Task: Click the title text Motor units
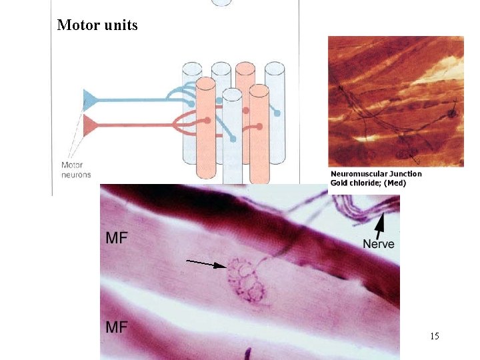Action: pos(97,25)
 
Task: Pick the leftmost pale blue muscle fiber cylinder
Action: pos(192,80)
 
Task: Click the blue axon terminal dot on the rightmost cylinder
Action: pos(277,113)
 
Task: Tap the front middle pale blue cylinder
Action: pos(232,133)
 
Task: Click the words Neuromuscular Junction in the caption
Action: pos(377,174)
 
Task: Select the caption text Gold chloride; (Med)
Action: pos(368,183)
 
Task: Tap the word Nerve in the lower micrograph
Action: pos(379,244)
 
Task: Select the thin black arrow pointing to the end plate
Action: pos(206,264)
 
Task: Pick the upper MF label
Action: pos(117,238)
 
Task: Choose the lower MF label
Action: pos(117,327)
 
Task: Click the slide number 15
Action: pos(435,336)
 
